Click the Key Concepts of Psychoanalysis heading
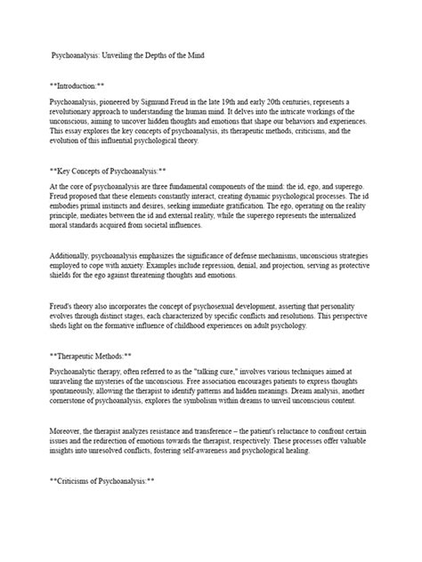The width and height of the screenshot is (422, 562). click(117, 166)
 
